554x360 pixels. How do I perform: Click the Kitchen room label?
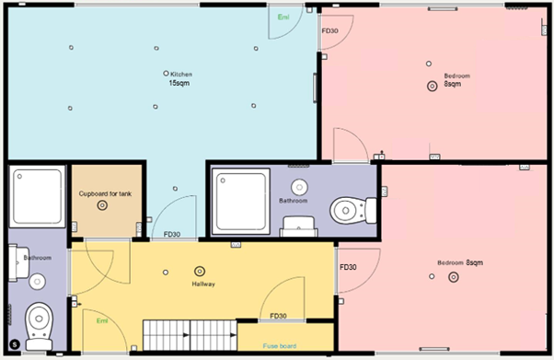(x=180, y=74)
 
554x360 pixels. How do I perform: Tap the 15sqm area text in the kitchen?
(x=179, y=84)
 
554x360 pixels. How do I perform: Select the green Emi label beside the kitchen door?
(x=283, y=17)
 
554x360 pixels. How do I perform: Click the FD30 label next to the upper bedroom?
(x=329, y=31)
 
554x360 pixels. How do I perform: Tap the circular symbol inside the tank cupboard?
(x=103, y=205)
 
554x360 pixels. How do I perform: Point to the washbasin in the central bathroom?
(x=299, y=186)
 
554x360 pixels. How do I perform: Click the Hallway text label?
(x=203, y=285)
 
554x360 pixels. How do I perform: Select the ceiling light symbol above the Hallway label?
(x=200, y=272)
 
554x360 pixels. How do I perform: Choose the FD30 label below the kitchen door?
(x=171, y=234)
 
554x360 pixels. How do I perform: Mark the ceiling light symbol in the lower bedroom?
(x=452, y=275)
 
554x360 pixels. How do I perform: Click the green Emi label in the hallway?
(x=102, y=319)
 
